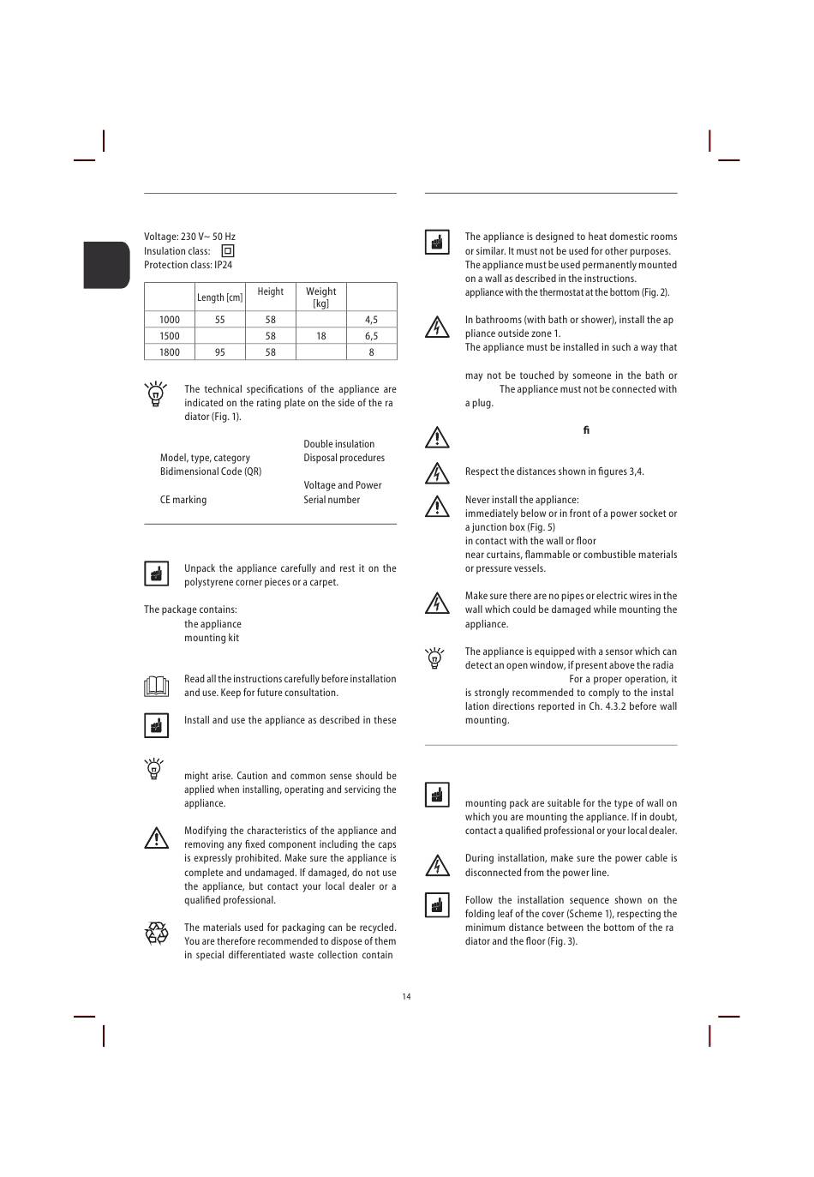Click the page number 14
click(x=406, y=996)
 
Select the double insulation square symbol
click(x=228, y=251)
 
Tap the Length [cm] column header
click(x=219, y=297)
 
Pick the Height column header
click(x=270, y=291)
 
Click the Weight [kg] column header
click(x=320, y=297)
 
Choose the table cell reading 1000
click(x=170, y=320)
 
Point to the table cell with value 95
click(x=220, y=352)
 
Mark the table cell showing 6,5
click(x=371, y=336)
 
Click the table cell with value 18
click(x=320, y=336)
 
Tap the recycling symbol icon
click(x=157, y=933)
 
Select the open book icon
click(x=156, y=686)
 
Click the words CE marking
click(x=183, y=500)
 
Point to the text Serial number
click(x=332, y=500)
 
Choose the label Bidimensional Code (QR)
click(x=211, y=471)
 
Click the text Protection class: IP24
click(x=188, y=265)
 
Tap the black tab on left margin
click(x=106, y=265)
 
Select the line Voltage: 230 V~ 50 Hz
click(x=189, y=237)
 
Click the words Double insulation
click(x=338, y=444)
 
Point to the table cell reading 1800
click(x=170, y=352)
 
